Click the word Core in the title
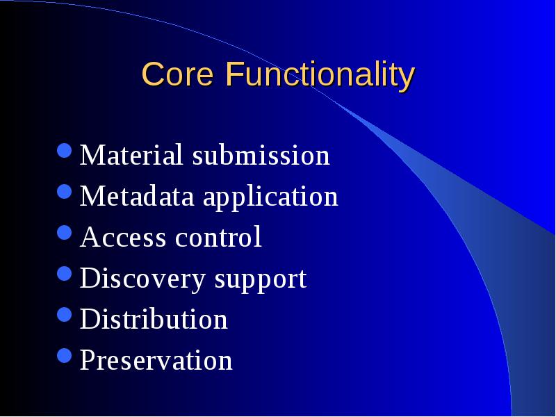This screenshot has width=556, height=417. click(178, 74)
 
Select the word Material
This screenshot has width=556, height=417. click(131, 154)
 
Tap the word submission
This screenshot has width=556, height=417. click(261, 154)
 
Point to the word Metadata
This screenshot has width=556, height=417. click(137, 196)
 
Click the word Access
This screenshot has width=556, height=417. click(123, 237)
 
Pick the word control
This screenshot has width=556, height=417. click(218, 236)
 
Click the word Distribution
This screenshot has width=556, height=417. click(154, 318)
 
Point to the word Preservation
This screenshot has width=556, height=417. click(156, 359)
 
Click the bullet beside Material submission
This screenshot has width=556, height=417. click(65, 150)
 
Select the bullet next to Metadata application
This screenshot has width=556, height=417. click(65, 192)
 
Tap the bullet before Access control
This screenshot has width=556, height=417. click(65, 233)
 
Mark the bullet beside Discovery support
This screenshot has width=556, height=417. click(65, 274)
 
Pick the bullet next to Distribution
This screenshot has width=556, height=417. click(65, 315)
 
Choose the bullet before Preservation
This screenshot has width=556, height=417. click(65, 356)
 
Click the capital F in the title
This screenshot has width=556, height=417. click(234, 74)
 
